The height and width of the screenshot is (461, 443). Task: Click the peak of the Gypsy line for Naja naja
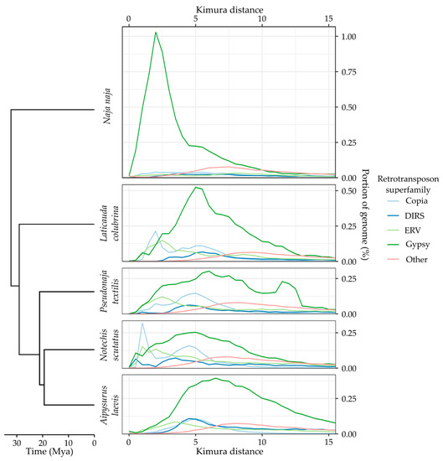pos(156,32)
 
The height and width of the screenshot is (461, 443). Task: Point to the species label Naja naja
pos(107,110)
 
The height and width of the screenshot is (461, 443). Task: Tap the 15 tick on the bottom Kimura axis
pos(329,443)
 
